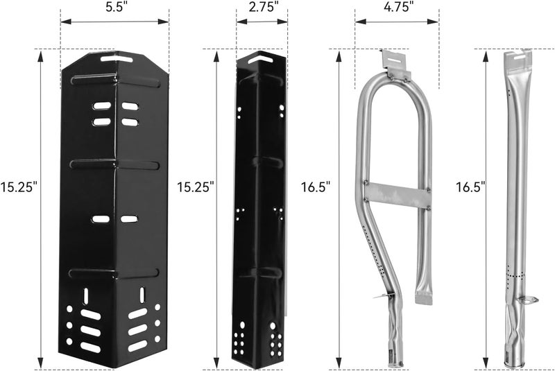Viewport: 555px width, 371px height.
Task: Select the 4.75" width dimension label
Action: pos(399,7)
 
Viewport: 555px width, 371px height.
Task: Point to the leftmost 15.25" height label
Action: pos(19,187)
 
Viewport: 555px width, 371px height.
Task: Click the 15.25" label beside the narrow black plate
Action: pos(196,187)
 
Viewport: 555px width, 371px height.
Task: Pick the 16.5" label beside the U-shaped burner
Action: pos(316,187)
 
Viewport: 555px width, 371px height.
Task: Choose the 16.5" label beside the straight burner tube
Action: pos(470,187)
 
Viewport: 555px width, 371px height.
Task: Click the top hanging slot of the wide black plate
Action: pos(116,58)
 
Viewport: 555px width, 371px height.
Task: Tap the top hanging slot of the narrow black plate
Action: pos(263,58)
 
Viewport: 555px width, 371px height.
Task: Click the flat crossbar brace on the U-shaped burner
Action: pos(398,196)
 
